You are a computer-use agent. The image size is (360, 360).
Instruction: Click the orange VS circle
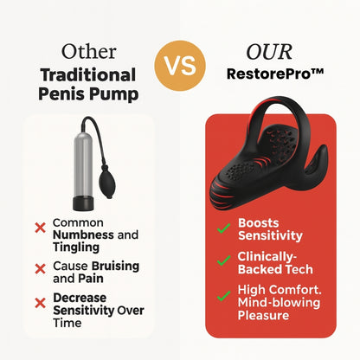pyautogui.click(x=179, y=66)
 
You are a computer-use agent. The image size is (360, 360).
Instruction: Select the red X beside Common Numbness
pyautogui.click(x=40, y=228)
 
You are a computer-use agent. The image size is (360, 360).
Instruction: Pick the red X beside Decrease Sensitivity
pyautogui.click(x=40, y=301)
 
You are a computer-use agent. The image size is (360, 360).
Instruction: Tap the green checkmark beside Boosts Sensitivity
pyautogui.click(x=223, y=228)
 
